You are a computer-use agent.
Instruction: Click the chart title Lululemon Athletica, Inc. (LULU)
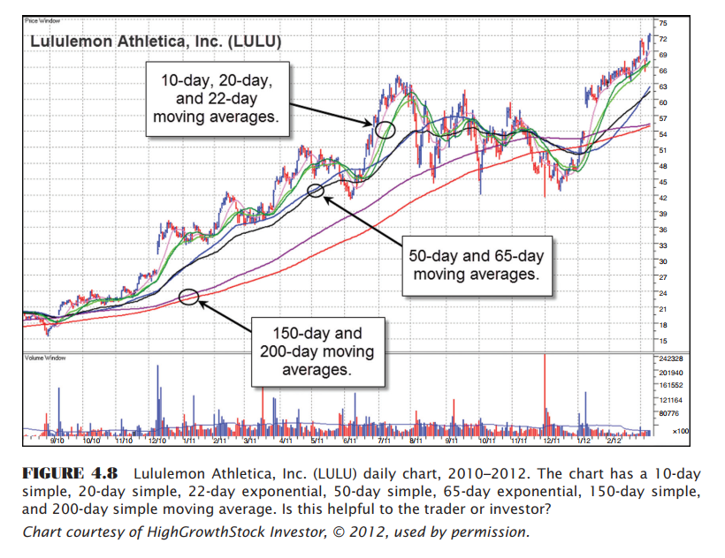[156, 41]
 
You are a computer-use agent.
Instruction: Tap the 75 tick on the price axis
[663, 22]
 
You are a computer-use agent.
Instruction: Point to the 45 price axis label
[663, 181]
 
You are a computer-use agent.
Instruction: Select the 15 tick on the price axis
[663, 341]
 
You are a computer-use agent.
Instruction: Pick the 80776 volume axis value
[667, 412]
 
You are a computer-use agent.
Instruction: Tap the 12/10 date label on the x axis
[157, 438]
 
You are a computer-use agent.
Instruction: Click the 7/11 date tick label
[384, 438]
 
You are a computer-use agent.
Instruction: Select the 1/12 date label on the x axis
[584, 438]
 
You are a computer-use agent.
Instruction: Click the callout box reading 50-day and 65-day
[477, 265]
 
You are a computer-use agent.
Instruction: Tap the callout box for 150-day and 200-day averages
[317, 351]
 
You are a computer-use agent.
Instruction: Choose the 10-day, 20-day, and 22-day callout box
[217, 99]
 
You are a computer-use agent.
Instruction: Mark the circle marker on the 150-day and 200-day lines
[188, 296]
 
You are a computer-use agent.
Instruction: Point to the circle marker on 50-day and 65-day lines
[315, 190]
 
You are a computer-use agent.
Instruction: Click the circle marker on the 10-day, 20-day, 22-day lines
[385, 130]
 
